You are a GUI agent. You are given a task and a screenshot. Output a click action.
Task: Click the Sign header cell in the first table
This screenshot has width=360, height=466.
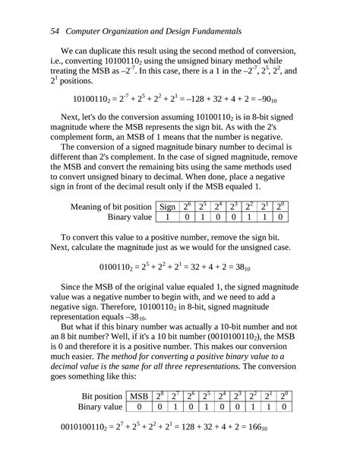point(166,206)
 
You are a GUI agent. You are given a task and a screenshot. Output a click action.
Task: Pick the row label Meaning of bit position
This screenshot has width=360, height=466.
point(111,206)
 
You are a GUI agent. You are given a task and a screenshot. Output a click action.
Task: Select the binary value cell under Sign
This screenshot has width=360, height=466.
point(166,217)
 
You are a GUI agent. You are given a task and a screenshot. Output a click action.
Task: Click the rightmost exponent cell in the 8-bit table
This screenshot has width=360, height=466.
point(280,206)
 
